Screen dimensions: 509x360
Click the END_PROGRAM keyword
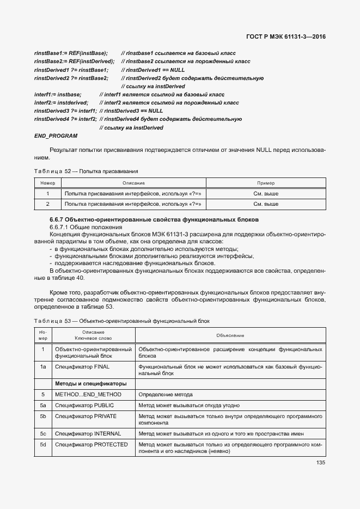point(56,136)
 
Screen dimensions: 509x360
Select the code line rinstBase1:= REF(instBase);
point(71,54)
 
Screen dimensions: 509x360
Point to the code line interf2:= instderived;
point(61,102)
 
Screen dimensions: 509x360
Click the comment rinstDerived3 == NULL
point(129,111)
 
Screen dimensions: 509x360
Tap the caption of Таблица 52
point(86,171)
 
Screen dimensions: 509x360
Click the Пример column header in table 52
point(266,183)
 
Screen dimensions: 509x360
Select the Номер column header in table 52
point(47,183)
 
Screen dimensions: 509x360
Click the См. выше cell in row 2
point(266,204)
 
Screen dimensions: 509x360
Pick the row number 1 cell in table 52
point(47,193)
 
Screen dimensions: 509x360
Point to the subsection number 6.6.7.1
point(60,226)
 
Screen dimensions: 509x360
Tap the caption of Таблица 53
point(121,321)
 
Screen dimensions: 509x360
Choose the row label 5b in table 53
point(42,416)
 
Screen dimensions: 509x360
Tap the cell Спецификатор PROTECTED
point(91,445)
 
